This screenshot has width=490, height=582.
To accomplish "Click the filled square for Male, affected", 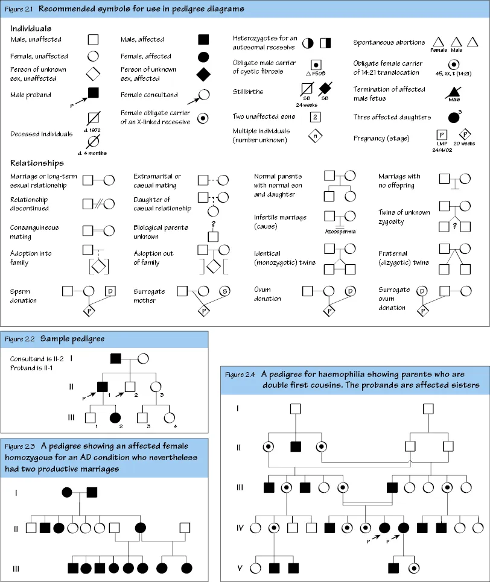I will point(203,40).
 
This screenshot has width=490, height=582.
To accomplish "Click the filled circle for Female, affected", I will point(203,57).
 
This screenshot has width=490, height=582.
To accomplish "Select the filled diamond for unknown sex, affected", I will point(203,75).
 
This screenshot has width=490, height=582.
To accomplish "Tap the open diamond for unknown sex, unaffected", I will point(93,75).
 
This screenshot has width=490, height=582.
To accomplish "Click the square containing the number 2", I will point(315,117).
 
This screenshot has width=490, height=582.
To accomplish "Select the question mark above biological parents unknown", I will point(213,223).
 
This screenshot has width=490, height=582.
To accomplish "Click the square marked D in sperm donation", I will point(110,291).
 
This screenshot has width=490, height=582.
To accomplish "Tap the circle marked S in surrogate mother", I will point(223,291).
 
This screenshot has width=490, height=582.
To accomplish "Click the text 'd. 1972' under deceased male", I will point(94,130).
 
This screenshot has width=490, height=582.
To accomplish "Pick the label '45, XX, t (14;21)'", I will point(453,74).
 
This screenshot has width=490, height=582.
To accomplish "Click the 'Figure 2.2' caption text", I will point(18,339).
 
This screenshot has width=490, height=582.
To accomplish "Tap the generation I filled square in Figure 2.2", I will point(116,359).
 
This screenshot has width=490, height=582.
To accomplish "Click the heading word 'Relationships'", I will point(37,163).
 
